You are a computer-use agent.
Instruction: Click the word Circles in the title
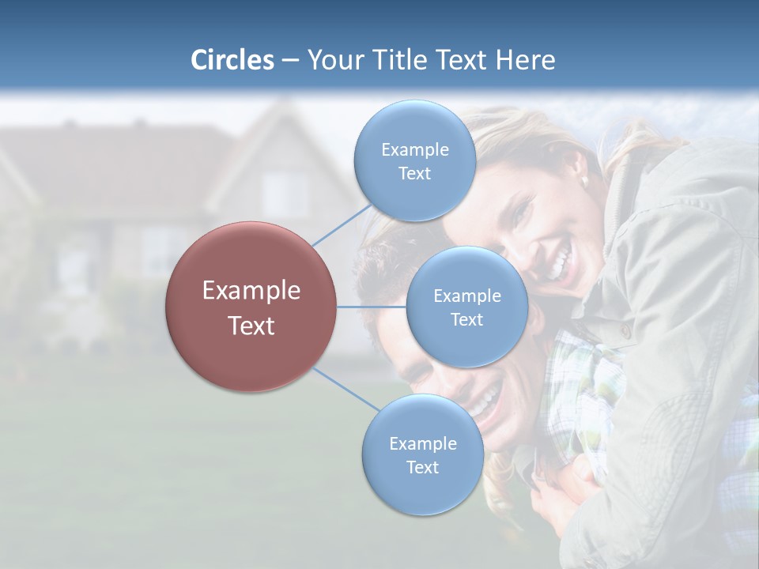[232, 60]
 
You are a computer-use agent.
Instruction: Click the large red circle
[251, 307]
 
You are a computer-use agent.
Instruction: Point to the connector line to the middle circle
[372, 307]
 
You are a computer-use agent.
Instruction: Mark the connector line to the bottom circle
[346, 389]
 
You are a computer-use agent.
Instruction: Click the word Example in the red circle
[251, 290]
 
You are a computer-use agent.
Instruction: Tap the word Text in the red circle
[251, 326]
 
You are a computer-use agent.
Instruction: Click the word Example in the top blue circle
[414, 149]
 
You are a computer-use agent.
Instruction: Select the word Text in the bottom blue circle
[422, 467]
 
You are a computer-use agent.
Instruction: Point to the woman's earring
[583, 180]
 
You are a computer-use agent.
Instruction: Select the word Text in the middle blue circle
[466, 319]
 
